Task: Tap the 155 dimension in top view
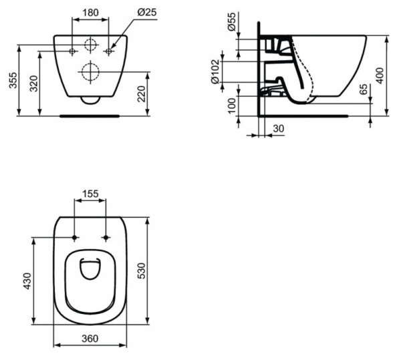pyautogui.click(x=90, y=194)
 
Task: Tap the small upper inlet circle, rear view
pyautogui.click(x=90, y=46)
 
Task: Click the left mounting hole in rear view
pyautogui.click(x=73, y=51)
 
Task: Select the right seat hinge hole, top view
pyautogui.click(x=106, y=238)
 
